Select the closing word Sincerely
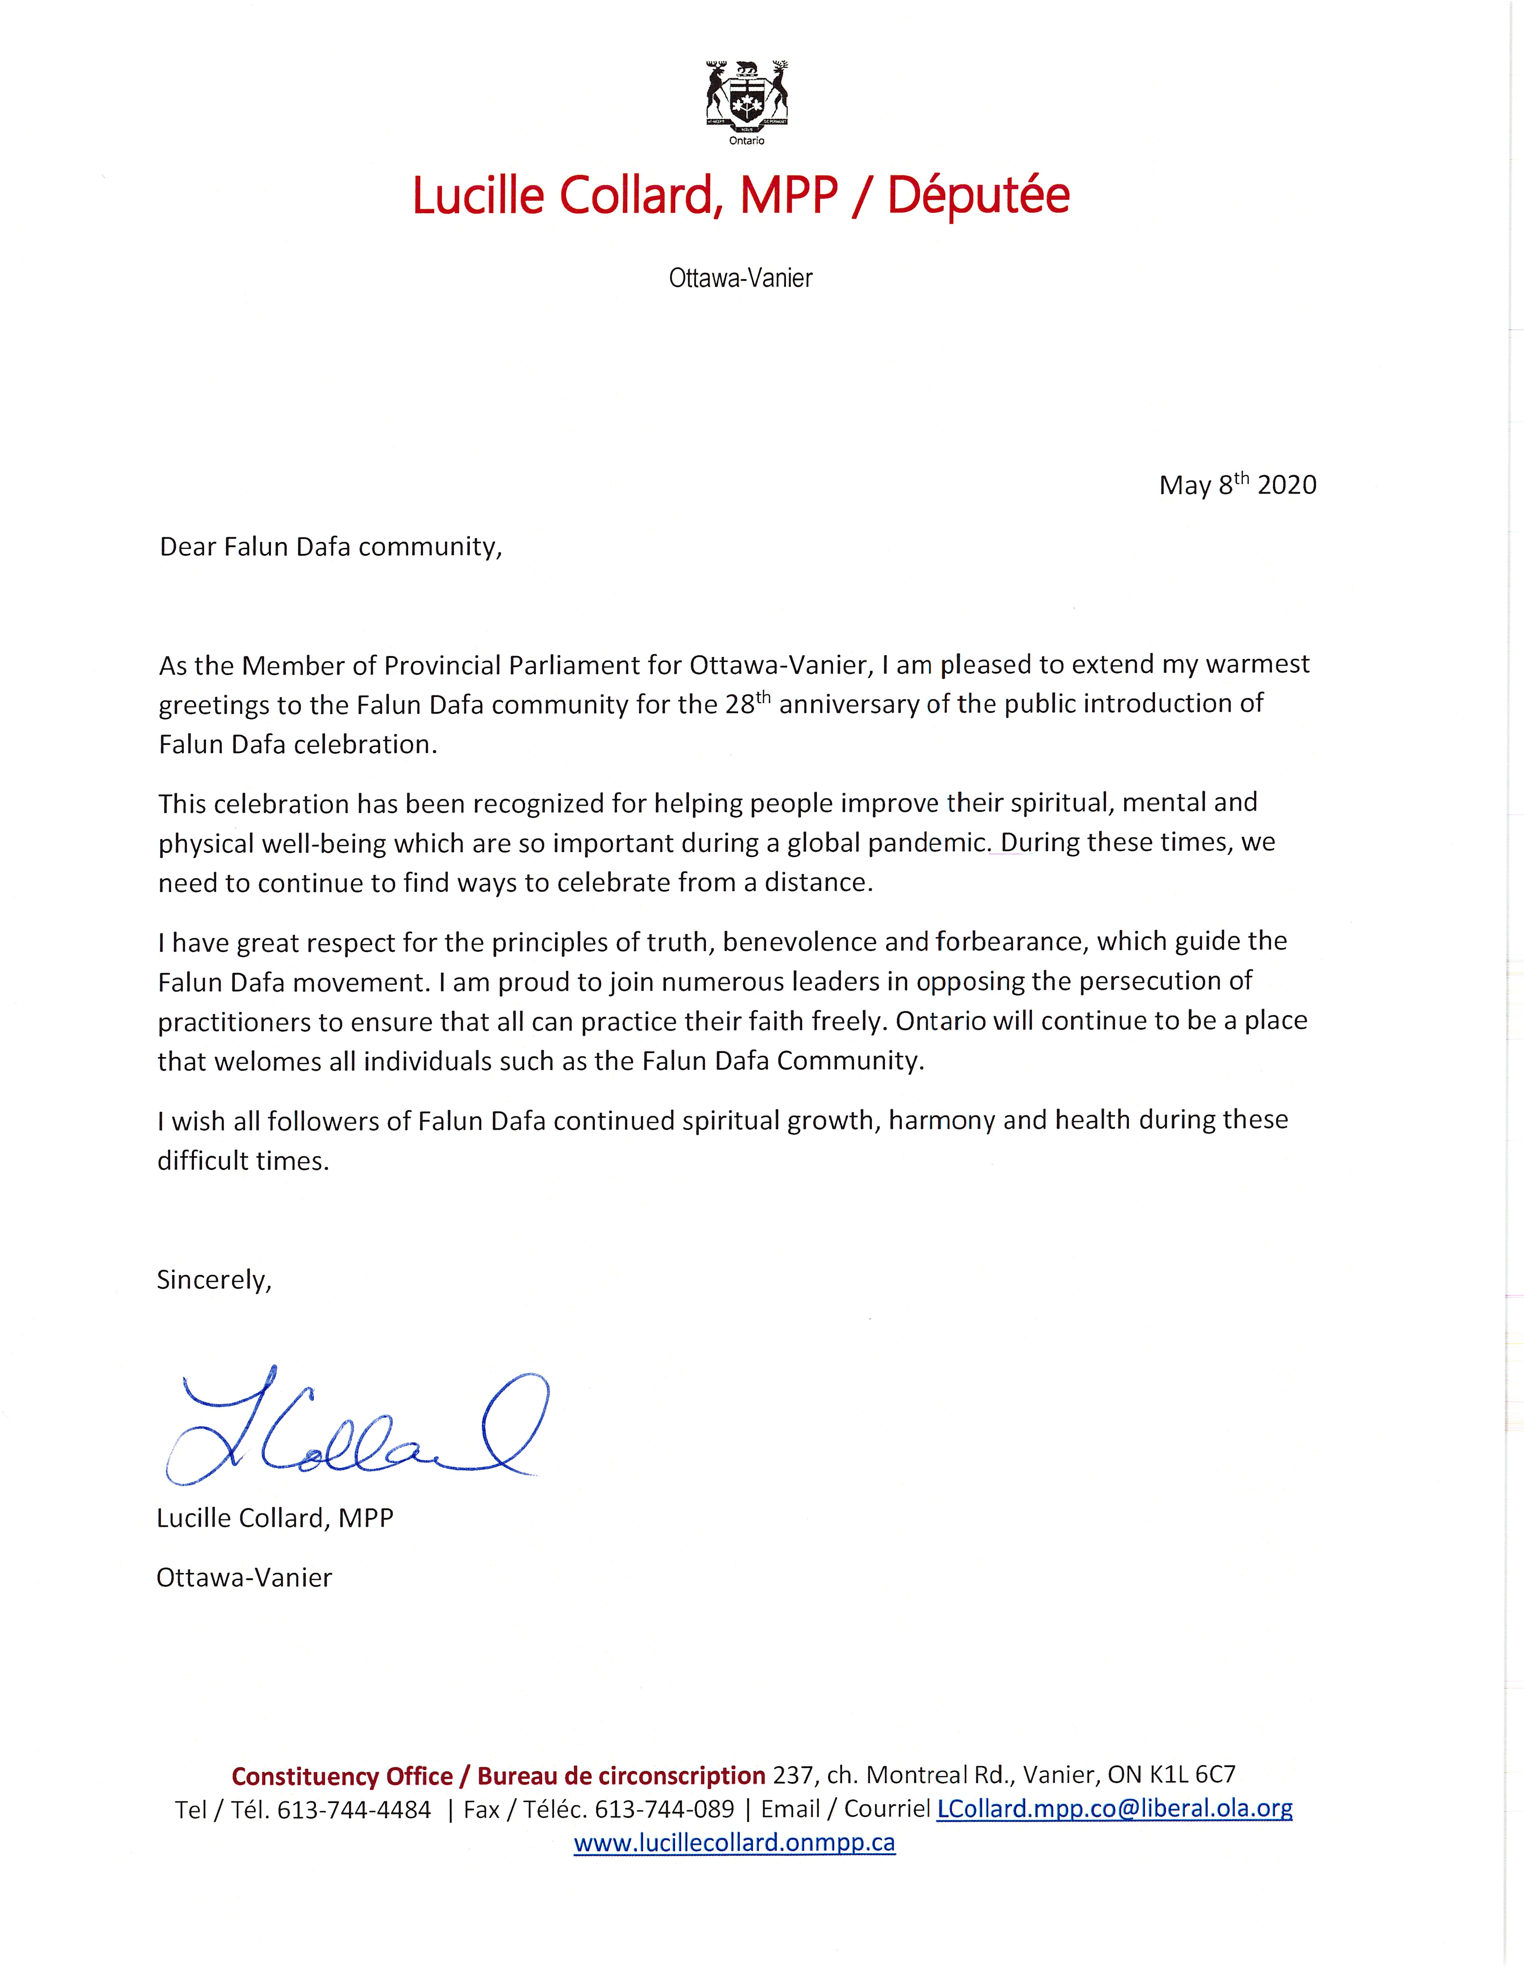[214, 1280]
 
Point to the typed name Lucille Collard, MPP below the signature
[275, 1518]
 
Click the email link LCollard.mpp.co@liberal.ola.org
[1114, 1809]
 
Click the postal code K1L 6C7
[1192, 1775]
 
